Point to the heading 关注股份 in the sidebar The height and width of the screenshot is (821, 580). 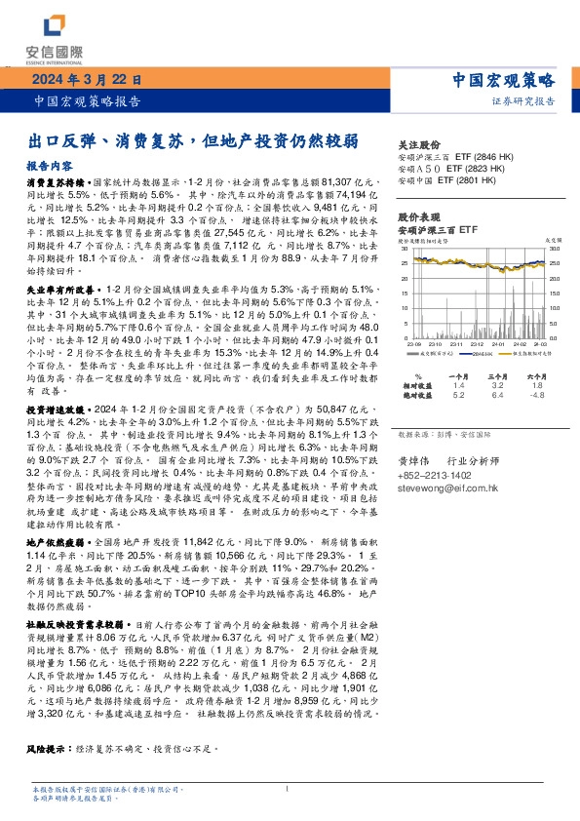tap(419, 142)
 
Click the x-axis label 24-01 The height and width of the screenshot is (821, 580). tap(497, 344)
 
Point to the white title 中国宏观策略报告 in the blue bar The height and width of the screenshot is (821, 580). tap(85, 99)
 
